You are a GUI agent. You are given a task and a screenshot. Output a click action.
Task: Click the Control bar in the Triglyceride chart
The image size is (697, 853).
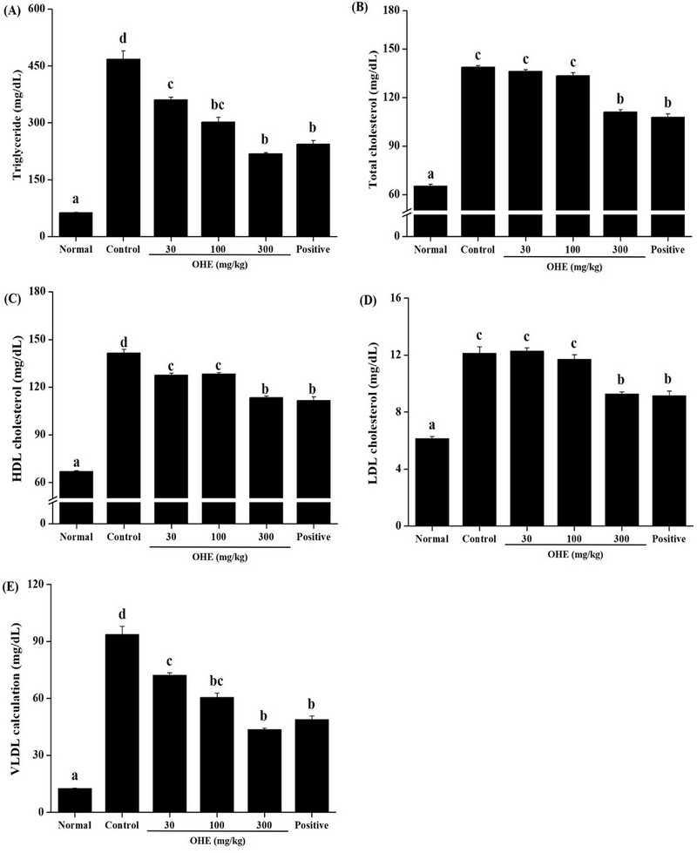pyautogui.click(x=123, y=147)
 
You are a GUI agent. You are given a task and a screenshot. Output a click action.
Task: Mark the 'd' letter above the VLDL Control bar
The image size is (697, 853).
pyautogui.click(x=123, y=612)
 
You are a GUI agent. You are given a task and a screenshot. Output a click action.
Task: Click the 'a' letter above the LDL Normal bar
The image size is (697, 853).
pyautogui.click(x=431, y=424)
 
